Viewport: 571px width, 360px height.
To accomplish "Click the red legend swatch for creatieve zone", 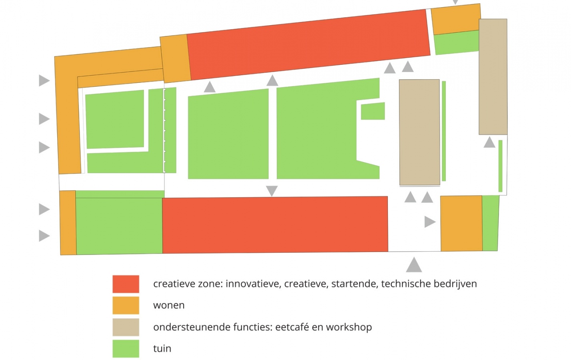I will pyautogui.click(x=126, y=284).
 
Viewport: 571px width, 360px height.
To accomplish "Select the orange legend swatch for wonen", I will pyautogui.click(x=126, y=306).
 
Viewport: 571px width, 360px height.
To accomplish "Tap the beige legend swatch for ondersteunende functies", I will pyautogui.click(x=126, y=327).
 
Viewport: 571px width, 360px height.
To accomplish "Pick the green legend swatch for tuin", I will pyautogui.click(x=126, y=348).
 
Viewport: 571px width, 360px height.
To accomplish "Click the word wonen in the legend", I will pyautogui.click(x=169, y=306).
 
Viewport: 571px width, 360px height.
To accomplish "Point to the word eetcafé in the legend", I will pyautogui.click(x=292, y=327).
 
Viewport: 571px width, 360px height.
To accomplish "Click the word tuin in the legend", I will pyautogui.click(x=162, y=349).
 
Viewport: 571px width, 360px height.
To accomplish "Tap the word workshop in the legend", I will pyautogui.click(x=349, y=327).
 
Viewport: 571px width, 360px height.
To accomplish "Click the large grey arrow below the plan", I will pyautogui.click(x=414, y=265).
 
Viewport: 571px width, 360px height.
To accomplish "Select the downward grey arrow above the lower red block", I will pyautogui.click(x=272, y=191).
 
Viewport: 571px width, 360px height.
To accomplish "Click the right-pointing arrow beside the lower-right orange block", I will pyautogui.click(x=429, y=222).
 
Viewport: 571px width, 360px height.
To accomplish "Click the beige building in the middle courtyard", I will pyautogui.click(x=419, y=132).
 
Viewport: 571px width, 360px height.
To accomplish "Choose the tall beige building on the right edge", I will pyautogui.click(x=493, y=76).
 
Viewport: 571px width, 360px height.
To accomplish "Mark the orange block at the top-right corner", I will pyautogui.click(x=456, y=19).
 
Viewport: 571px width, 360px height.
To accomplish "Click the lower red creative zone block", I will pyautogui.click(x=275, y=225).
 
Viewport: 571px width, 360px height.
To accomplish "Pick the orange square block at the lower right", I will pyautogui.click(x=461, y=223).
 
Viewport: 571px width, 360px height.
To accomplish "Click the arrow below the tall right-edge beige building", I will pyautogui.click(x=489, y=142).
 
